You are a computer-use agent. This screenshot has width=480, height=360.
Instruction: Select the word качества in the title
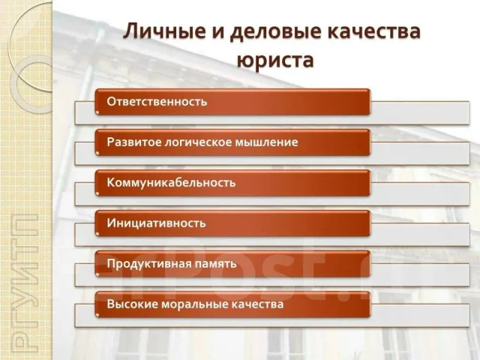(x=373, y=31)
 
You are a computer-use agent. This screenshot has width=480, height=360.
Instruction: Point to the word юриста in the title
(x=275, y=60)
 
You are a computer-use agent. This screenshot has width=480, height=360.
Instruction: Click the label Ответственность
(x=157, y=101)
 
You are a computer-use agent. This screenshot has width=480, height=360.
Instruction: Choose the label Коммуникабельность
(x=171, y=183)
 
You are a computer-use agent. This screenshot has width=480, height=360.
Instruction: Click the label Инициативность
(x=156, y=223)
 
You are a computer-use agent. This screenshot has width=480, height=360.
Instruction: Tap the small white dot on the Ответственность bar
(x=97, y=112)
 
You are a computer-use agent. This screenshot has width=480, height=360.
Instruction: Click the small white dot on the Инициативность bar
(x=97, y=234)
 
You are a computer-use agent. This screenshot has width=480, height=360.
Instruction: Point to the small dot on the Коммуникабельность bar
(x=97, y=193)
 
